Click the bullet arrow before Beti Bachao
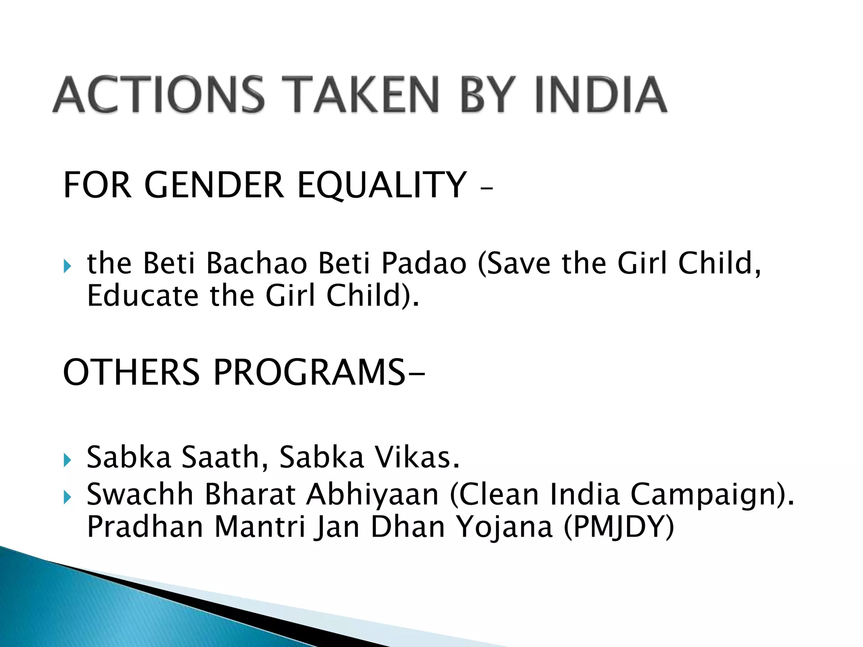(x=67, y=266)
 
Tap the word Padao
(x=424, y=263)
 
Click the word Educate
(x=142, y=296)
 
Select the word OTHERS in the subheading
(x=131, y=372)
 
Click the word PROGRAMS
(x=310, y=372)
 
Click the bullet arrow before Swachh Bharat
(x=67, y=497)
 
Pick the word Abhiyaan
(x=373, y=495)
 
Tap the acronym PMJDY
(x=619, y=527)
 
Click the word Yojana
(x=504, y=527)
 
